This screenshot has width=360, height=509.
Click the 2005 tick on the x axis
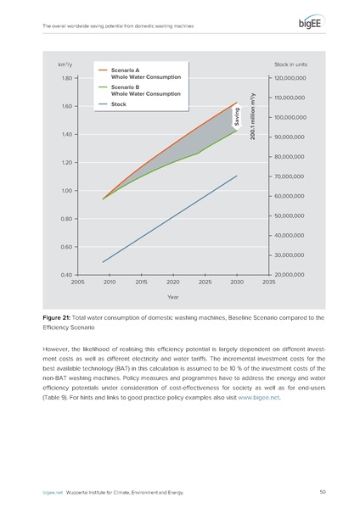pos(77,282)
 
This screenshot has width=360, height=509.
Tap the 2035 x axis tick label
pos(268,282)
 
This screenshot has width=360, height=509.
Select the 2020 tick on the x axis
pos(172,282)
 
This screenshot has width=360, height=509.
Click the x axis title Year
pos(172,298)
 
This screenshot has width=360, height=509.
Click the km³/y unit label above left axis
pos(64,64)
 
